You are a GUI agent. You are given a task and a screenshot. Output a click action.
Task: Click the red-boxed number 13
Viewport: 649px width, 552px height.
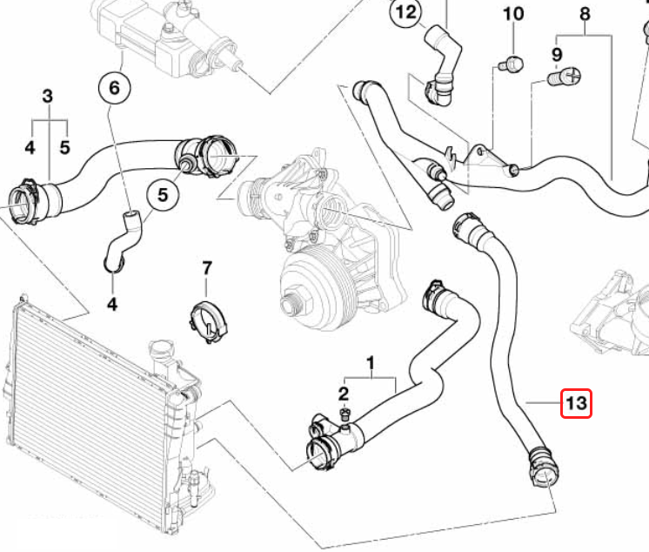577,403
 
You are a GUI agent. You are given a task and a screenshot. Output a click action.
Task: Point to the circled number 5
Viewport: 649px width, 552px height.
162,197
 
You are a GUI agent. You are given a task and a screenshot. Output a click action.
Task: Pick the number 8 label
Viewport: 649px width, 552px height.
585,13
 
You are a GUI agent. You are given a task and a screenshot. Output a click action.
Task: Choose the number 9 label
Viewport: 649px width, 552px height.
558,56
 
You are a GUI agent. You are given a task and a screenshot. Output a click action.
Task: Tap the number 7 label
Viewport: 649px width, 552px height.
206,267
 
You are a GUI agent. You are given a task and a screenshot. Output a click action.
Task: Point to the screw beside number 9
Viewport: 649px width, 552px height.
565,77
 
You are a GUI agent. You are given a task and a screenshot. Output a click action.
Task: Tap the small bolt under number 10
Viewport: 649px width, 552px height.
513,63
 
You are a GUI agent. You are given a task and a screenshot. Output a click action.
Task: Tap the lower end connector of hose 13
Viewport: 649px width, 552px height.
541,466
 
